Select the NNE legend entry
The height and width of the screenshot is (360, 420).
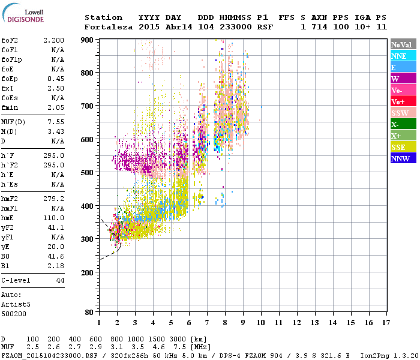tap(403, 56)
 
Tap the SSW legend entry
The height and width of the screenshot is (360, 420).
tap(403, 113)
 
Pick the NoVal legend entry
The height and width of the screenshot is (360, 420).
tap(403, 44)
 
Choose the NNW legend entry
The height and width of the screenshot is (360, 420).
tap(403, 158)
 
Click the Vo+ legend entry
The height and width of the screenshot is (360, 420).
tap(403, 101)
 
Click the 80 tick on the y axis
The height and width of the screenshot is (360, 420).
tap(89, 312)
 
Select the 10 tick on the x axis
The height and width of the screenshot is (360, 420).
tap(261, 322)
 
